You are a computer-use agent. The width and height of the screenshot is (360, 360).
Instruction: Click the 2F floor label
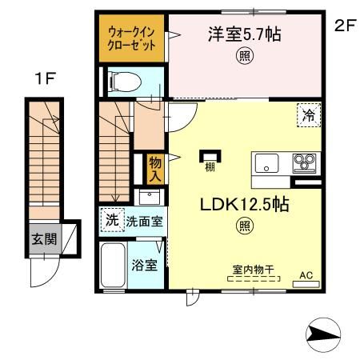[344, 25]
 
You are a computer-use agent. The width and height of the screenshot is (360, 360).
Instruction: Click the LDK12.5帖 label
[243, 205]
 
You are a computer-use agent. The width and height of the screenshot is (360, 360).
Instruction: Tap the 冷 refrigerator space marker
[309, 114]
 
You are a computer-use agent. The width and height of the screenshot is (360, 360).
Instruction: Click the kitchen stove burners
[304, 163]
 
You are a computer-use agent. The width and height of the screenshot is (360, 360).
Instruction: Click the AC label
[305, 275]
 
